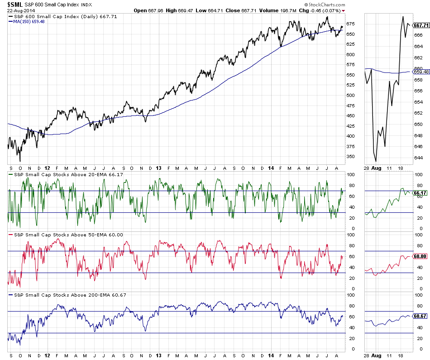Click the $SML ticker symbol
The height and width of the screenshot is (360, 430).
click(14, 4)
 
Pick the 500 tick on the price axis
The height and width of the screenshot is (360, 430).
click(350, 95)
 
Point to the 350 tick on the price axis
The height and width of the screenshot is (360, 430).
click(350, 156)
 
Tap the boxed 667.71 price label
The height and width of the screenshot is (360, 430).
click(421, 25)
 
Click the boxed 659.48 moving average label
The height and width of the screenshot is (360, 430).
click(421, 72)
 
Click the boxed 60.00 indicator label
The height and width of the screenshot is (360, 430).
click(421, 256)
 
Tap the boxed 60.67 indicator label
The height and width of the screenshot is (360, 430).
click(421, 316)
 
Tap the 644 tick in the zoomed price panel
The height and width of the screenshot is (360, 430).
click(419, 158)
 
